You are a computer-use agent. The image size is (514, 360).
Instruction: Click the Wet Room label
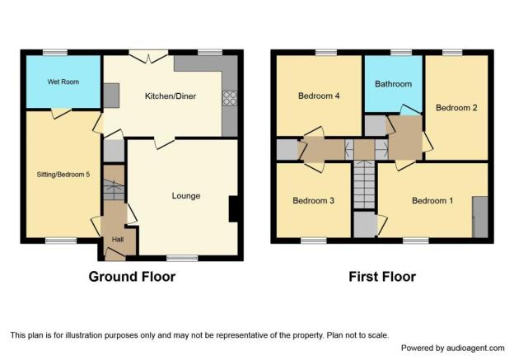[63, 82]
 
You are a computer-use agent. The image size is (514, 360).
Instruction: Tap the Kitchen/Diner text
[171, 96]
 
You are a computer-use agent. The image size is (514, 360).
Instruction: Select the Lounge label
[186, 196]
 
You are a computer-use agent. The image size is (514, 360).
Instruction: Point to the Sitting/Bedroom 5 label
[63, 175]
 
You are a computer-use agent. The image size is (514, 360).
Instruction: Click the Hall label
[118, 240]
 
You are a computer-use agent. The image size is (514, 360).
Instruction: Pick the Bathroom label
[394, 84]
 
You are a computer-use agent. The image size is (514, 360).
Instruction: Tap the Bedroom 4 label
[319, 96]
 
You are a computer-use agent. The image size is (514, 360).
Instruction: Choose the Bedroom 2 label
[456, 108]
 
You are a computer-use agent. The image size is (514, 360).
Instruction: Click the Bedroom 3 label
[313, 201]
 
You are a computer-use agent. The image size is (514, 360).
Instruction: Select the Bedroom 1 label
[432, 201]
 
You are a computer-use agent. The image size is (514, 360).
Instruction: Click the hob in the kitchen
[230, 98]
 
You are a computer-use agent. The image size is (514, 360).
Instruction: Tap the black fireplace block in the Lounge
[233, 209]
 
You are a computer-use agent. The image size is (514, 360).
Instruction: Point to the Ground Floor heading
[132, 277]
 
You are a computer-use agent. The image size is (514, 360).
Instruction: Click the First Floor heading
[382, 277]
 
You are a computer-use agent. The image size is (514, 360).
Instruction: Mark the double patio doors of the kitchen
[148, 56]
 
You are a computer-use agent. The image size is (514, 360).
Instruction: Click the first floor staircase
[364, 185]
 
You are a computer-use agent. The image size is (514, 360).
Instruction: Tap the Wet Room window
[55, 53]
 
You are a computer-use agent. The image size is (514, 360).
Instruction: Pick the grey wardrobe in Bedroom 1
[480, 217]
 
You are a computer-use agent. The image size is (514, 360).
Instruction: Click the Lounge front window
[182, 258]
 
